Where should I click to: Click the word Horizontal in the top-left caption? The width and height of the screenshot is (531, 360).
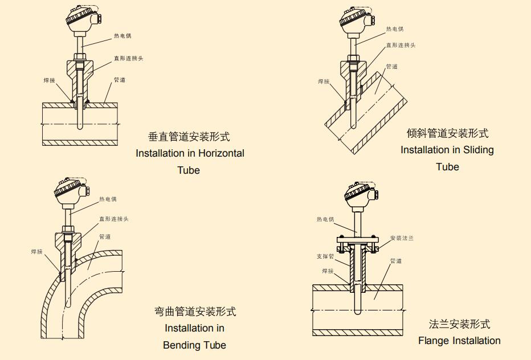pos(219,153)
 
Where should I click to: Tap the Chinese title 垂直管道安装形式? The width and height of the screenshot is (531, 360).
pos(189,137)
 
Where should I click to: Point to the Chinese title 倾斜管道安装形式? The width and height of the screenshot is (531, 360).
pos(447,133)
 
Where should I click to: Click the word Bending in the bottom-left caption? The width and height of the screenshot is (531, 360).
pos(181,345)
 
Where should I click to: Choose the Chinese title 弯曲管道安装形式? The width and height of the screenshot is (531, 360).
pos(195,312)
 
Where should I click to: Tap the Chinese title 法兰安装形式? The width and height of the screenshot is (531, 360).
pos(459,324)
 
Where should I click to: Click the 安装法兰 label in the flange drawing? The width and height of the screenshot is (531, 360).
pos(402,238)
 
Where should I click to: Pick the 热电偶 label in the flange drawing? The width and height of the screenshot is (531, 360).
pos(325,219)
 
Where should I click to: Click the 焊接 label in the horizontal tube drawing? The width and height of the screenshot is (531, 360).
pos(50,80)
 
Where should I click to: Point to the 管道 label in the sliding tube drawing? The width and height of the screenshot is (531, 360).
pos(392,67)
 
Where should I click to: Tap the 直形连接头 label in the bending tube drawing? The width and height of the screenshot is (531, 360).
pos(114,219)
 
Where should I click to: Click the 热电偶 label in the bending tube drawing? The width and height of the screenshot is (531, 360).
pos(108,199)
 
